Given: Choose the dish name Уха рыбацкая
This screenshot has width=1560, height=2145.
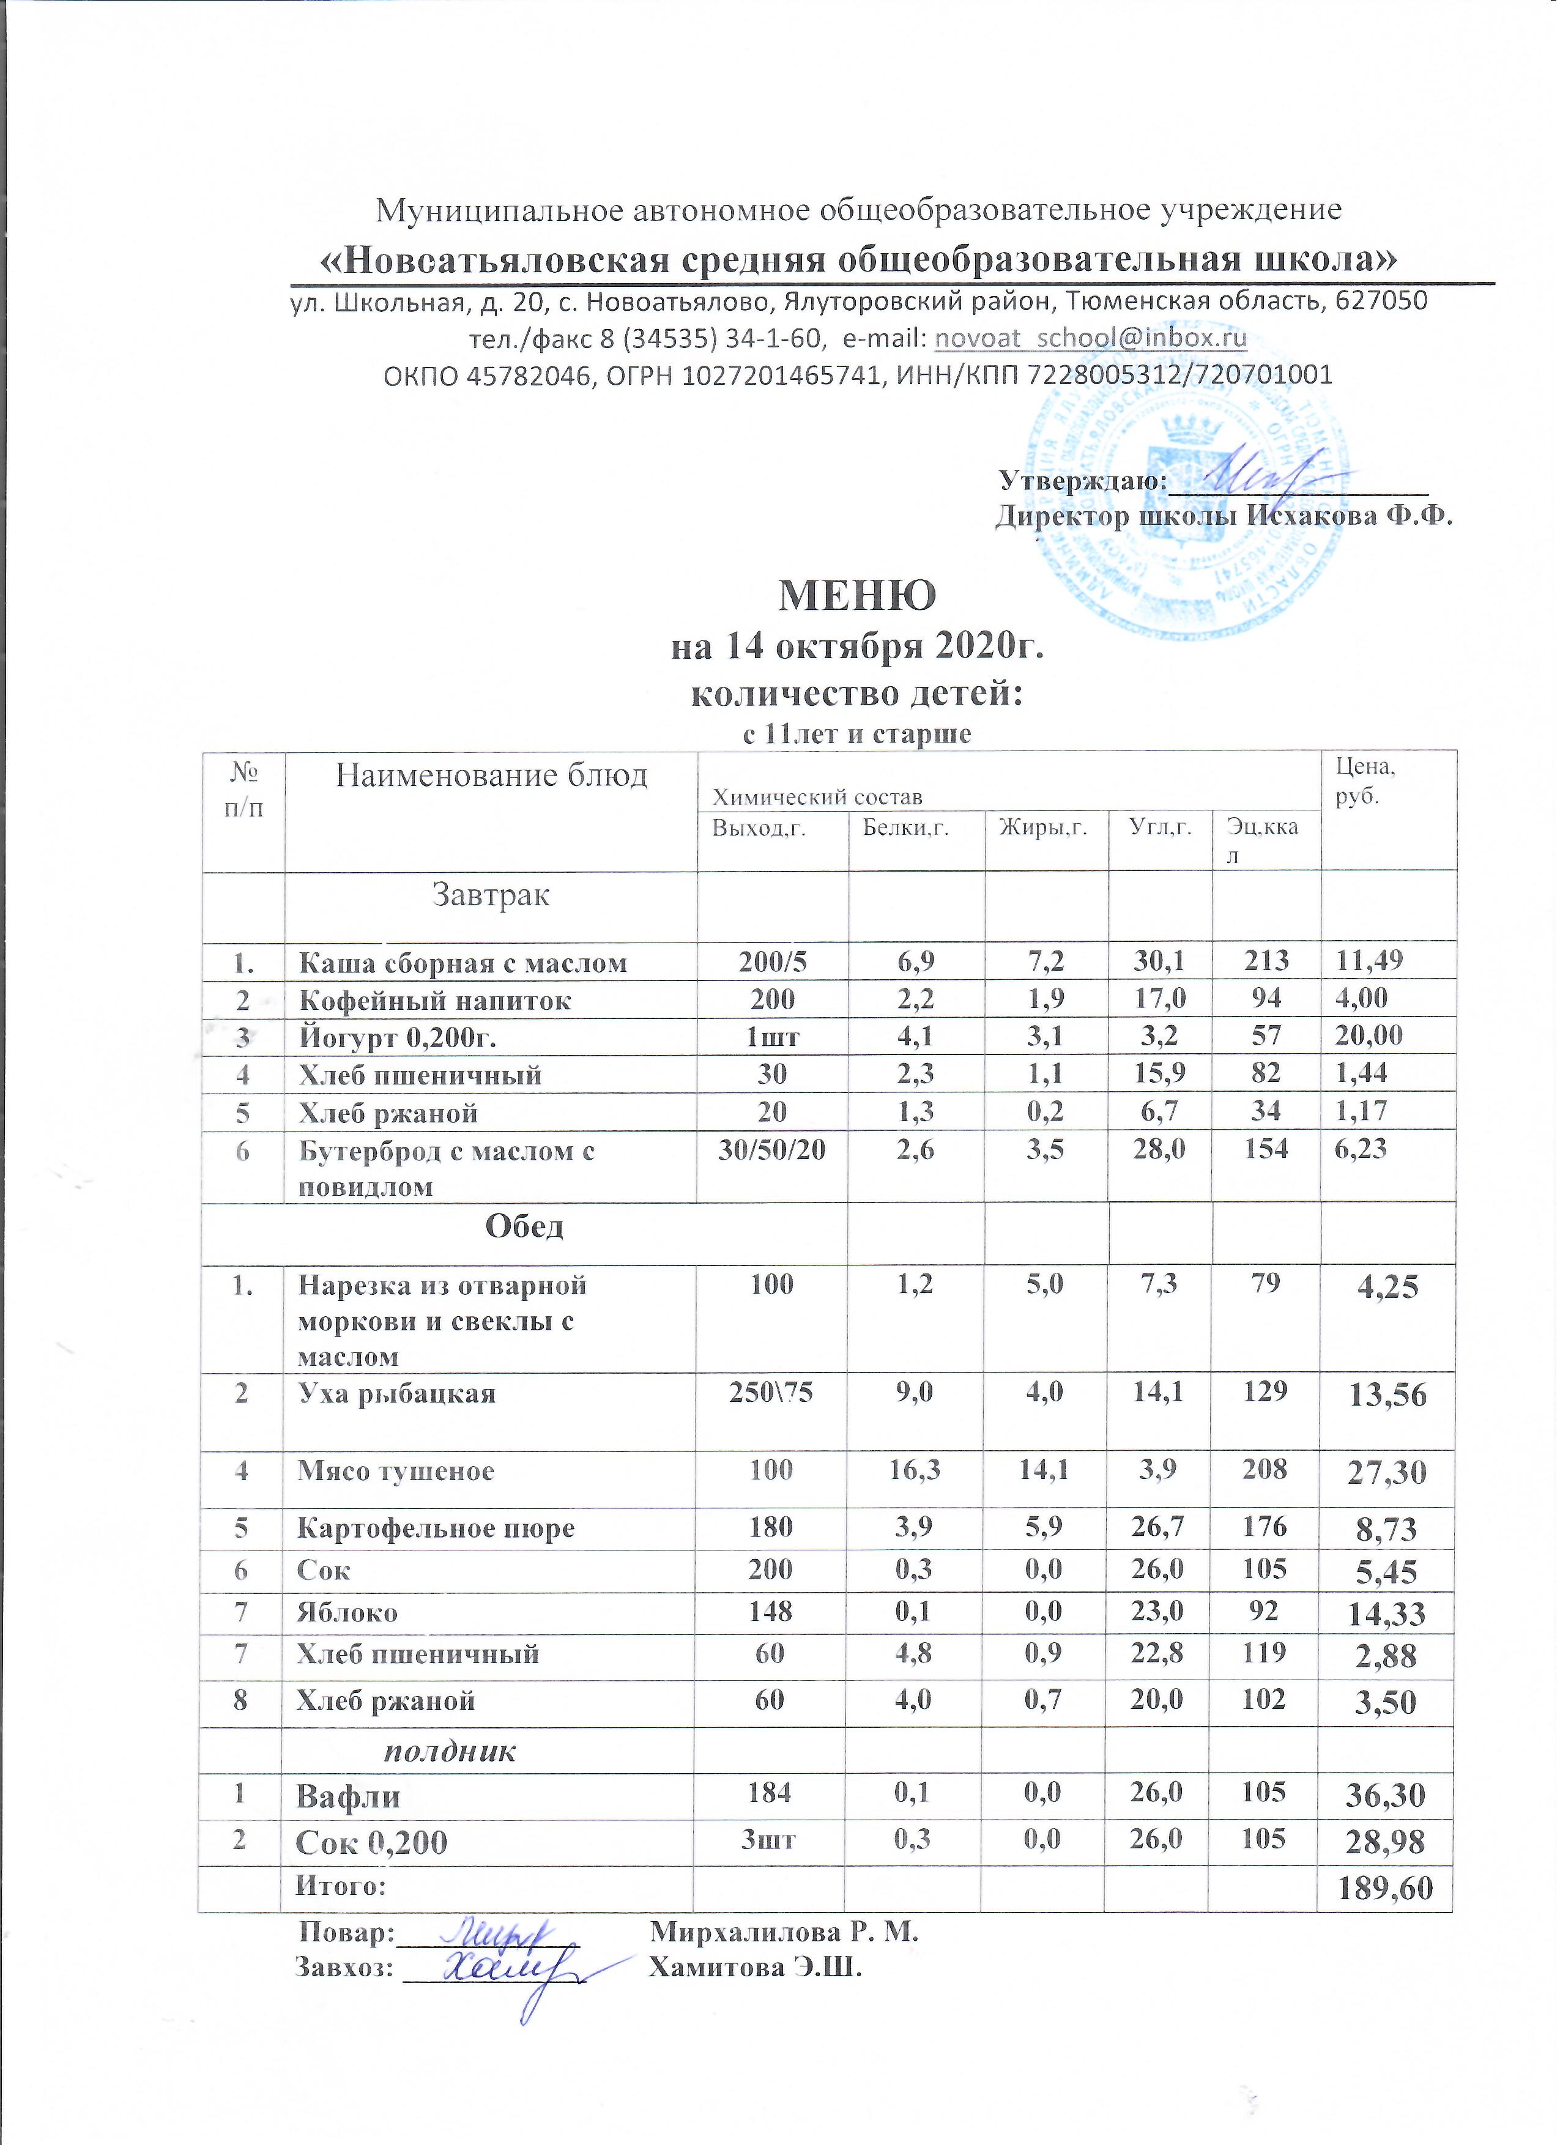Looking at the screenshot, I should coord(396,1394).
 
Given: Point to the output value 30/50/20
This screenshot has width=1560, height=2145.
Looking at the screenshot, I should coord(772,1149).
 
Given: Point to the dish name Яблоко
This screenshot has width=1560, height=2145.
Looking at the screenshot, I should coord(347,1612).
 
